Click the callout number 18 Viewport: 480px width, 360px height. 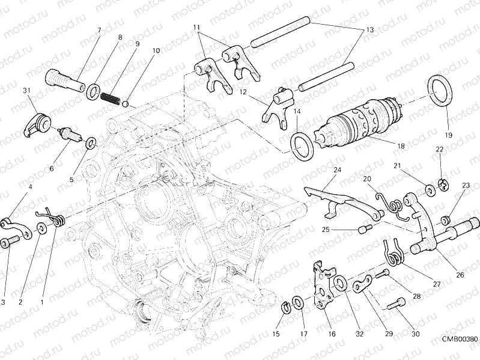pyautogui.click(x=384, y=146)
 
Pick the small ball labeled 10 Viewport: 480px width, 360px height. pyautogui.click(x=126, y=103)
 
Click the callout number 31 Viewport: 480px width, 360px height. pyautogui.click(x=26, y=91)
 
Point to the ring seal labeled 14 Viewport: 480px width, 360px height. pyautogui.click(x=301, y=146)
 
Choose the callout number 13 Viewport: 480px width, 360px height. pyautogui.click(x=369, y=29)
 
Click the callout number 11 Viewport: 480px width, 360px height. pyautogui.click(x=196, y=28)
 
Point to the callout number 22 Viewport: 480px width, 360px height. pyautogui.click(x=440, y=149)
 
